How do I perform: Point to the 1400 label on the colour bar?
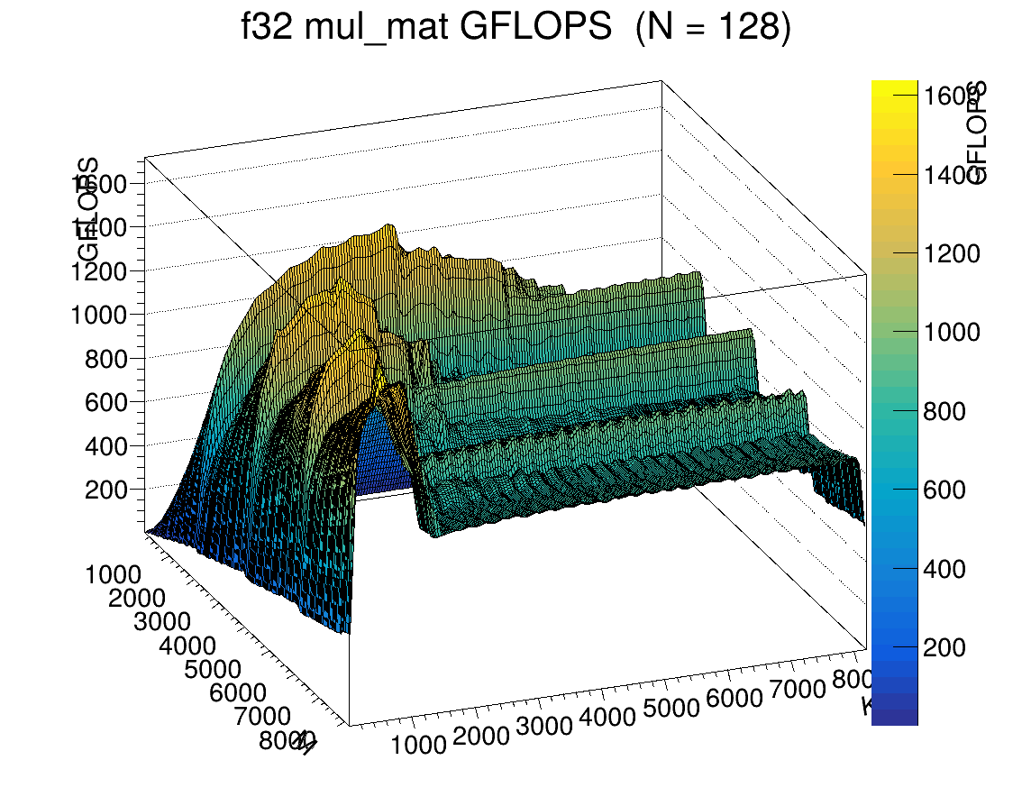952,175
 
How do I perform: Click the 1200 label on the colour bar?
952,253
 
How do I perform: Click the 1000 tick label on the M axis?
114,575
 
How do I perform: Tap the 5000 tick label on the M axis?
213,669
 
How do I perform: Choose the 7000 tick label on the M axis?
261,717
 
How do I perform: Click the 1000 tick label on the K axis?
418,744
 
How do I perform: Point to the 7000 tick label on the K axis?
796,691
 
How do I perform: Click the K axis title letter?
868,707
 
